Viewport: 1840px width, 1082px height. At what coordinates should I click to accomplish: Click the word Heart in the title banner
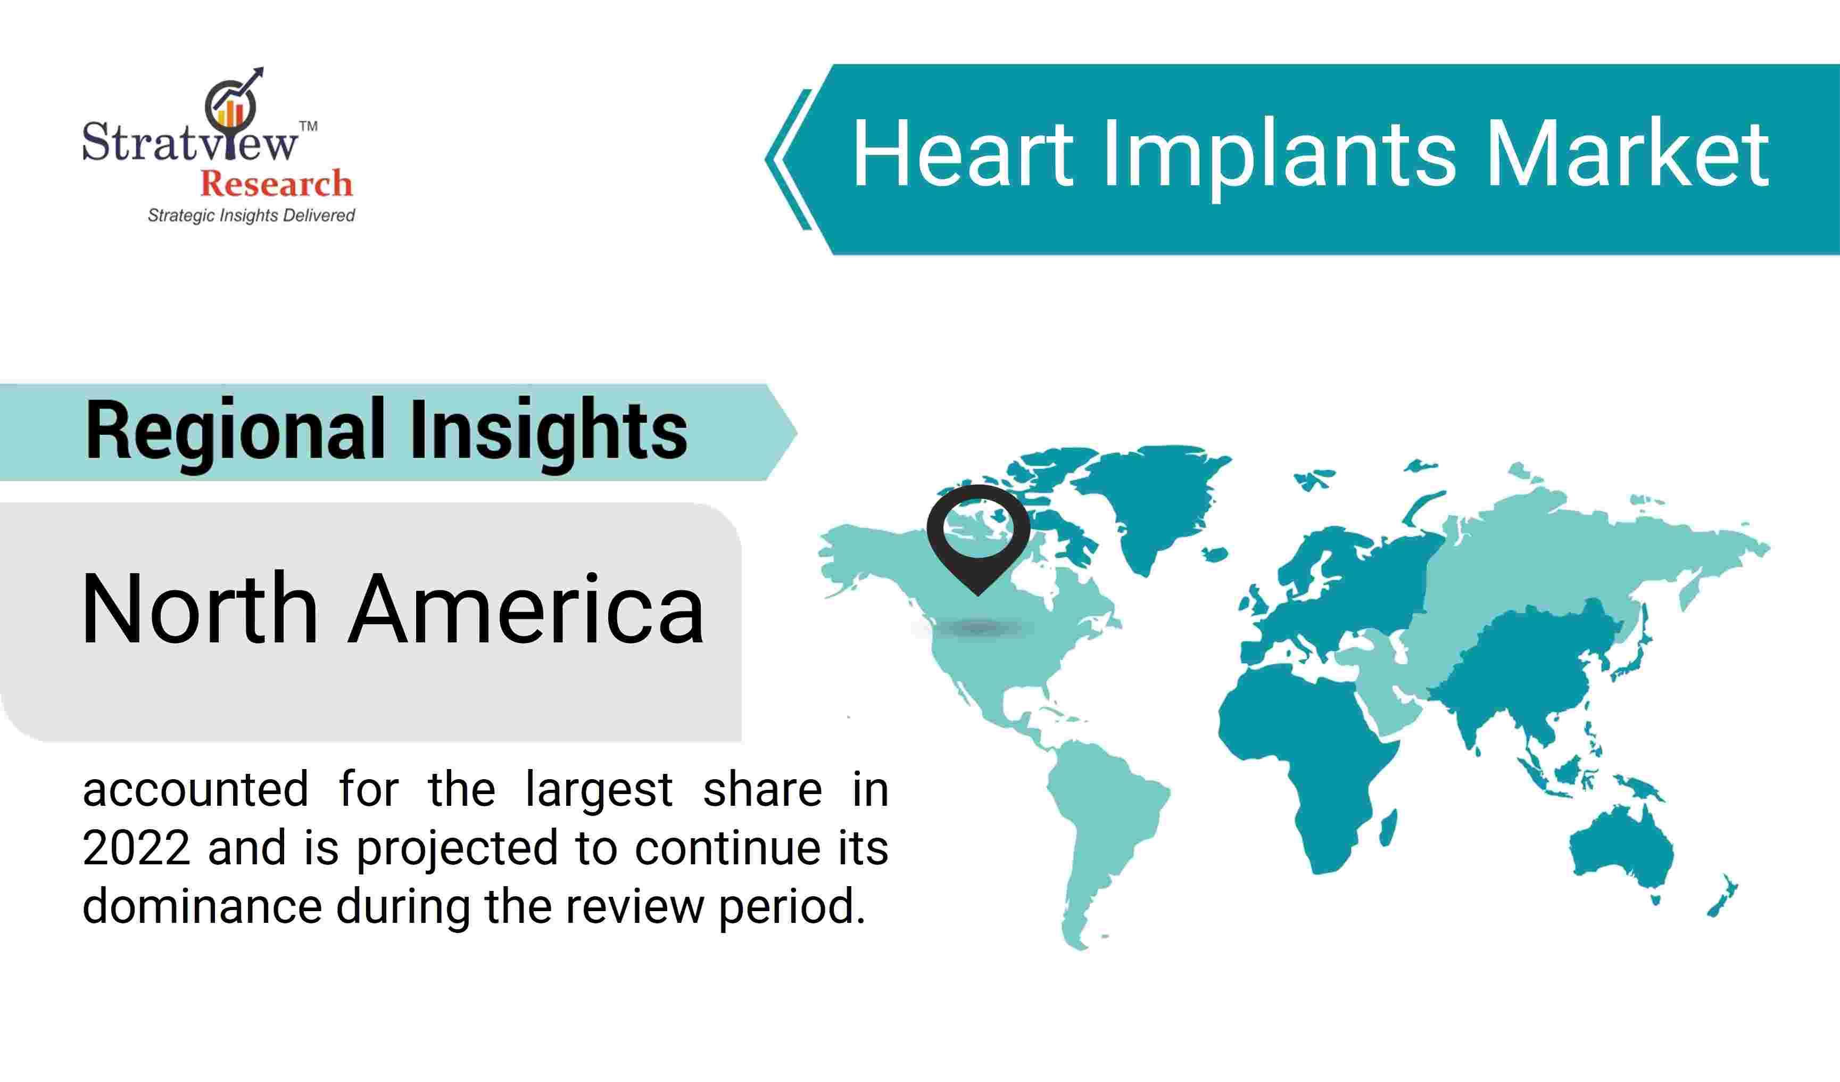(963, 154)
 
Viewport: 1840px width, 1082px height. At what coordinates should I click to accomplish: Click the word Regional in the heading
(235, 432)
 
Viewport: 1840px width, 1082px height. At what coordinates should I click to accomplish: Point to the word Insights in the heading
(549, 432)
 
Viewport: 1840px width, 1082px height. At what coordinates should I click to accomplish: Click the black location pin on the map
(979, 536)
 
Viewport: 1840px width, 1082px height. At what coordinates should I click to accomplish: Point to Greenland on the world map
(1150, 504)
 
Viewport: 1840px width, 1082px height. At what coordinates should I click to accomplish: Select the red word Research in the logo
(276, 183)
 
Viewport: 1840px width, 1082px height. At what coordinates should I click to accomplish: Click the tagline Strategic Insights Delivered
(251, 216)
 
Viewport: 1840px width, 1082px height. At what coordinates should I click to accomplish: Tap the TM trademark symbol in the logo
(308, 126)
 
